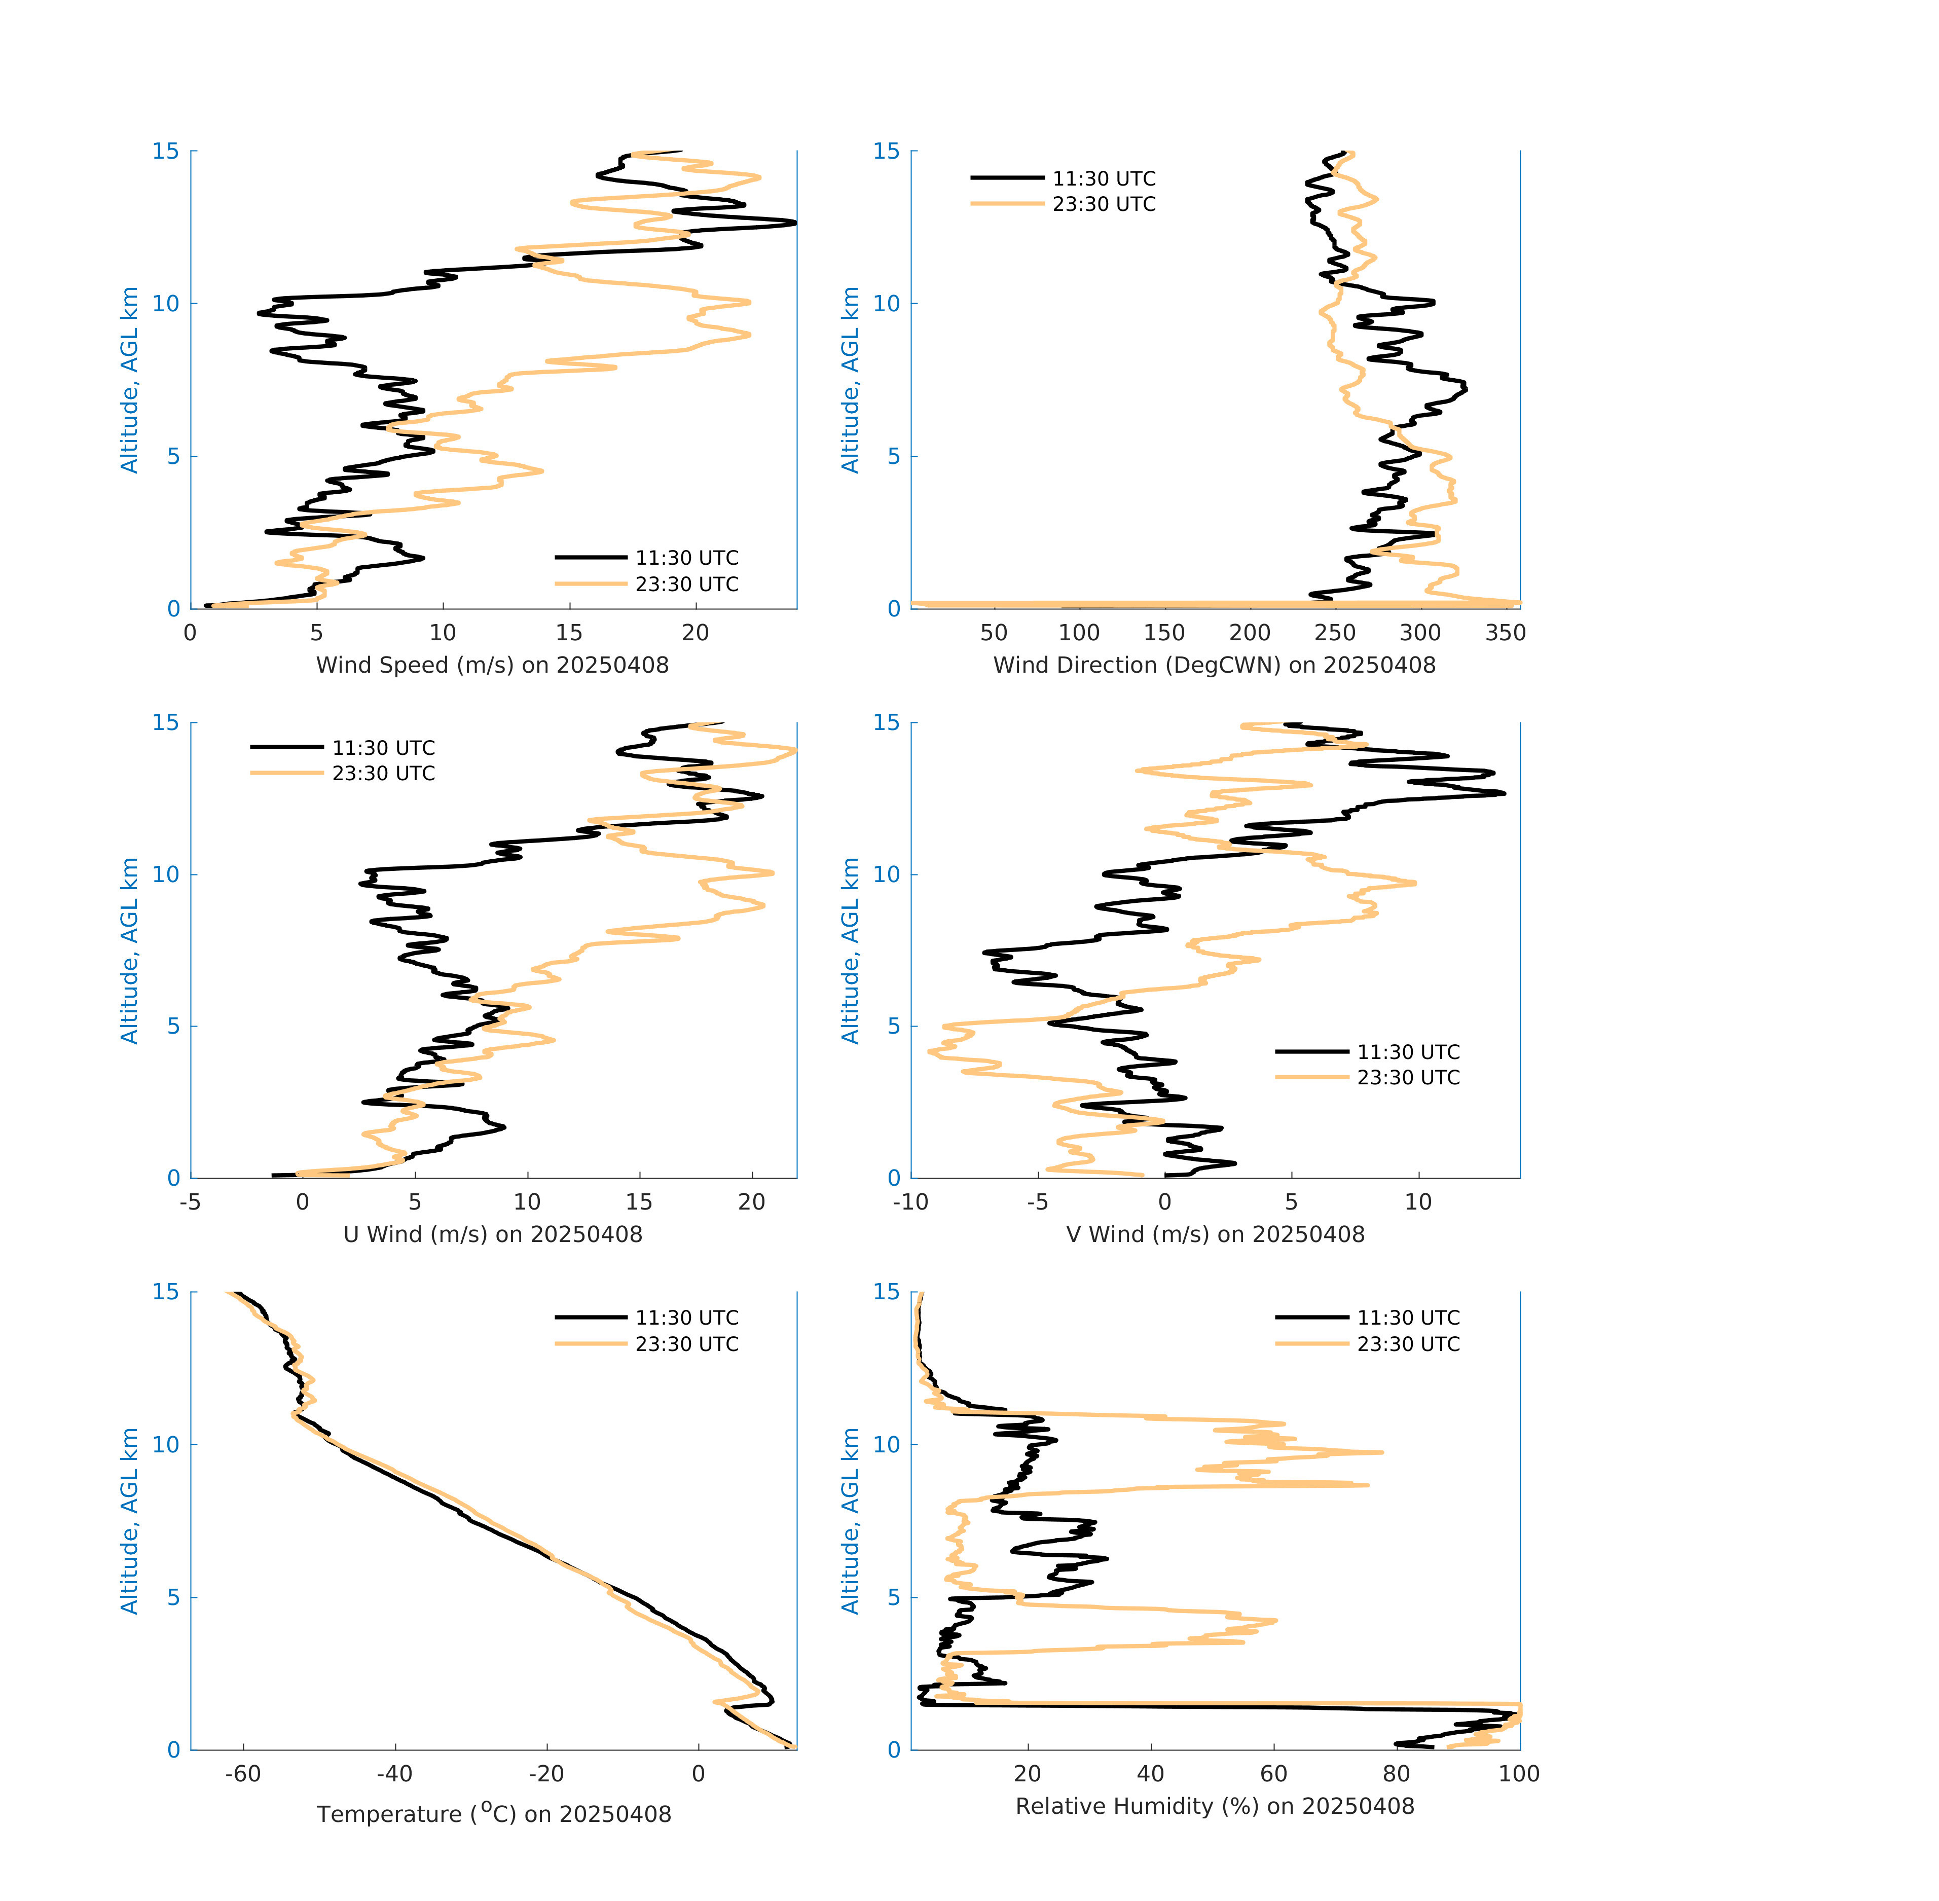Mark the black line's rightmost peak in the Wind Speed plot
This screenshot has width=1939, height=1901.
click(795, 223)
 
